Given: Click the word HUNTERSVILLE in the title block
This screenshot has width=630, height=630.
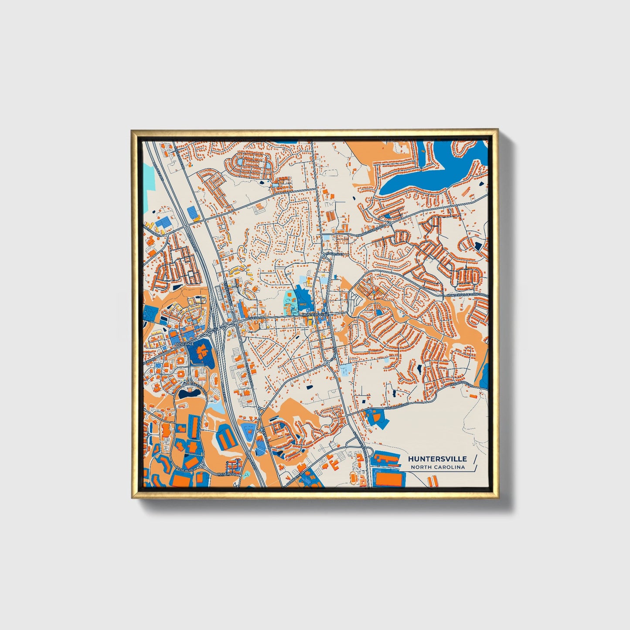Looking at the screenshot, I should (x=437, y=459).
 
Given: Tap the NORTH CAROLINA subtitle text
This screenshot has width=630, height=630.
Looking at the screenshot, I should (x=437, y=467).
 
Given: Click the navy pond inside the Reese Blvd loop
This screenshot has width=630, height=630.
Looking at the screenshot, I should (x=190, y=394).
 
